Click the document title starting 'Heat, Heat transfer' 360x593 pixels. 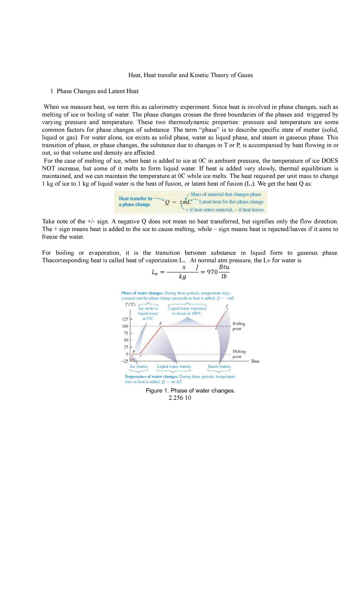(x=190, y=75)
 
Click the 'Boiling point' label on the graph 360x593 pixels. (x=239, y=326)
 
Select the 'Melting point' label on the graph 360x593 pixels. (x=239, y=354)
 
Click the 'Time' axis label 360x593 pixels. (x=255, y=361)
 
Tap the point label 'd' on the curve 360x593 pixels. (x=160, y=323)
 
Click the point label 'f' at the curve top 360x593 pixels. (x=227, y=306)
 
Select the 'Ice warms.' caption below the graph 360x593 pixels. (x=139, y=366)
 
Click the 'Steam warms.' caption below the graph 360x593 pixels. (x=220, y=366)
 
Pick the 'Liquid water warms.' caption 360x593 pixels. (x=174, y=366)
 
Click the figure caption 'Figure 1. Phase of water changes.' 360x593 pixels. (x=190, y=391)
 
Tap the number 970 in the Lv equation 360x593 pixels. (x=212, y=272)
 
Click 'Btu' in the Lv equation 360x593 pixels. (x=224, y=267)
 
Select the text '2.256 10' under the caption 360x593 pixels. (x=180, y=398)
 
